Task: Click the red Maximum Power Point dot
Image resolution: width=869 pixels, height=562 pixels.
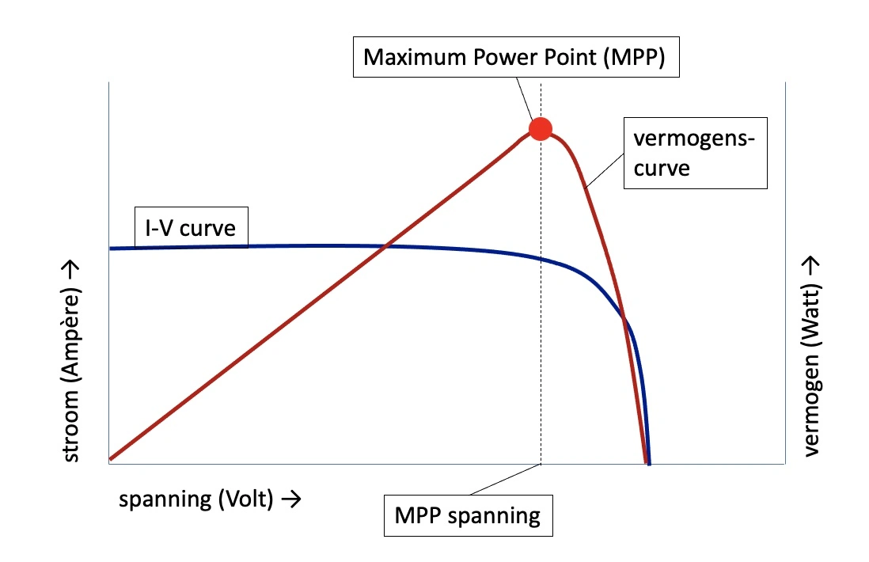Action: (540, 128)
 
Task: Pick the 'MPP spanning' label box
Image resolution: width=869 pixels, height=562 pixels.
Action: (467, 517)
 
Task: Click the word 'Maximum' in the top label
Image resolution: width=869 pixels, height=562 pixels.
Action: (405, 57)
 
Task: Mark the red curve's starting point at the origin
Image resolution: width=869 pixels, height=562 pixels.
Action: (112, 458)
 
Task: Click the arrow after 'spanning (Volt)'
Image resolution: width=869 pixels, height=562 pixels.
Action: (290, 499)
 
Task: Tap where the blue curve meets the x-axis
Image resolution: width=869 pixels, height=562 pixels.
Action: (649, 463)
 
